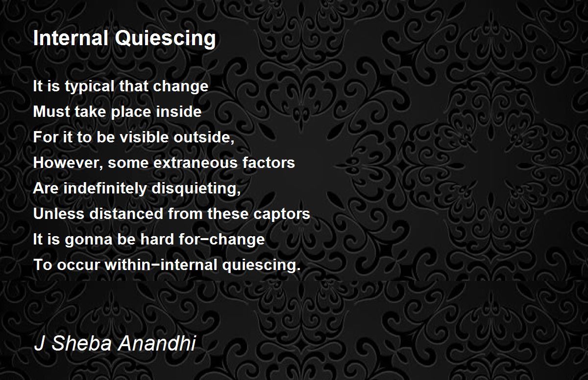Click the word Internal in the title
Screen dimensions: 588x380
(71, 38)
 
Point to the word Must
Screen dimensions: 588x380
(51, 111)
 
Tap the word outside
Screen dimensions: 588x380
(204, 137)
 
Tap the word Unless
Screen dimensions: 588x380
(58, 214)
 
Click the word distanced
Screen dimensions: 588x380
(126, 214)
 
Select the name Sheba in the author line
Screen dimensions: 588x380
(82, 343)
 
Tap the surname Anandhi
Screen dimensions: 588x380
(156, 343)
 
